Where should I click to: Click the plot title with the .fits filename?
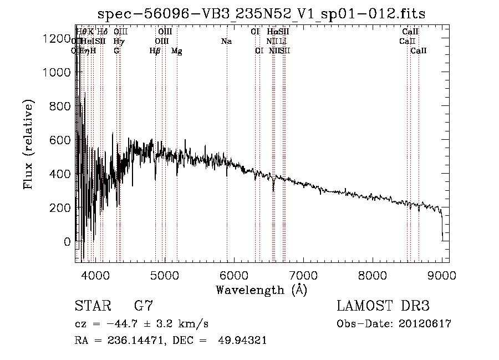pos(261,14)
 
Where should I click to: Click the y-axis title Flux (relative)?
pos(28,145)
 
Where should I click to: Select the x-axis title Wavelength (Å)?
pos(261,290)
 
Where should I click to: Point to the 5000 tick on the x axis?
pos(165,274)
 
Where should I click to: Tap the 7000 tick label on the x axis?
pos(303,274)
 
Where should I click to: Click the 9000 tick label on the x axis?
pos(442,274)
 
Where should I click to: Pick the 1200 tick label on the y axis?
pos(58,38)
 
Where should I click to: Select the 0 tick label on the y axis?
pos(67,242)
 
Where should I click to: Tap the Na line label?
pos(226,41)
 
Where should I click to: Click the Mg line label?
pos(177,51)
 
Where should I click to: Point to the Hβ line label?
pos(155,51)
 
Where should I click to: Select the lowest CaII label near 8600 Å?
pos(419,51)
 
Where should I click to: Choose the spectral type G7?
pos(143,306)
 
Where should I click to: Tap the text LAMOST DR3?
pos(383,306)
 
